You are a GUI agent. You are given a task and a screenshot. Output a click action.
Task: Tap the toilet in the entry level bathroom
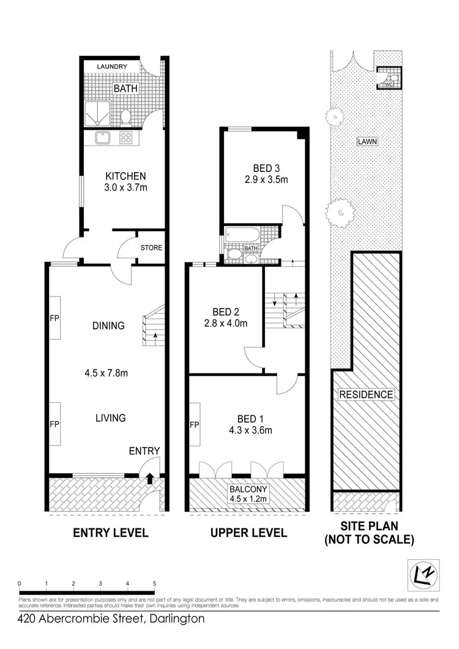126,116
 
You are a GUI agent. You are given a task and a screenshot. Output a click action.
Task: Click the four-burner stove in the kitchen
127,138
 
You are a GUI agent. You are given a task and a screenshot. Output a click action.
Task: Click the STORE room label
151,248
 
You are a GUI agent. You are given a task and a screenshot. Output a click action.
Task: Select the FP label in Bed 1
195,425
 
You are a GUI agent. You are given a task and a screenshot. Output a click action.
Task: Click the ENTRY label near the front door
144,451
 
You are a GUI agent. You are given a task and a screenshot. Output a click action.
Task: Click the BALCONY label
247,489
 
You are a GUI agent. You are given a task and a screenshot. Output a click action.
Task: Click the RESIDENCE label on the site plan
367,394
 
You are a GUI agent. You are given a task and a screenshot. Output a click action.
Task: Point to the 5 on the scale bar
154,583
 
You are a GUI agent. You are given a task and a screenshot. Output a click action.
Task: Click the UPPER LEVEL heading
248,533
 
